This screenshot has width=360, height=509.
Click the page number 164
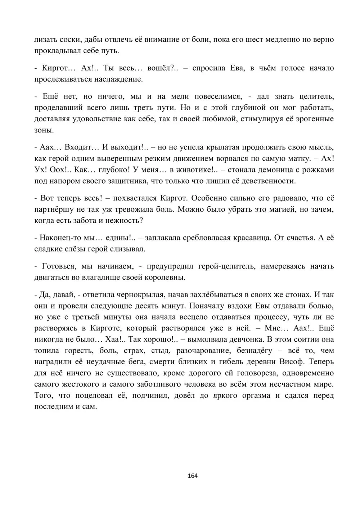(x=193, y=476)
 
